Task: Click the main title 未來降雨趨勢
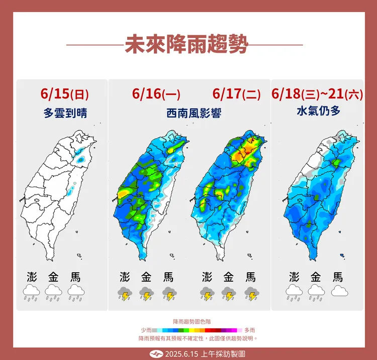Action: (186, 45)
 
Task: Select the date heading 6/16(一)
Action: (156, 94)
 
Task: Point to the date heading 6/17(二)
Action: (236, 94)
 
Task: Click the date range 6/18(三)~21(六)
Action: (317, 94)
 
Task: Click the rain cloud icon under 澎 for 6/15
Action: (32, 292)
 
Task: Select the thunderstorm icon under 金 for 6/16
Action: (147, 293)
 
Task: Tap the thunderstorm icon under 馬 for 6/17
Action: (250, 293)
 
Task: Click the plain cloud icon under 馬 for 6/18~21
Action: (339, 291)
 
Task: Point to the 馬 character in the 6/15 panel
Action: (75, 277)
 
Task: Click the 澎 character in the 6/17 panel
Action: (207, 277)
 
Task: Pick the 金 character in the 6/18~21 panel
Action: (316, 277)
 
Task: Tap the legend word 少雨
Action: (146, 330)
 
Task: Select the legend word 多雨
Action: (250, 330)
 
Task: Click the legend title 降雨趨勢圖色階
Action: (189, 321)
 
